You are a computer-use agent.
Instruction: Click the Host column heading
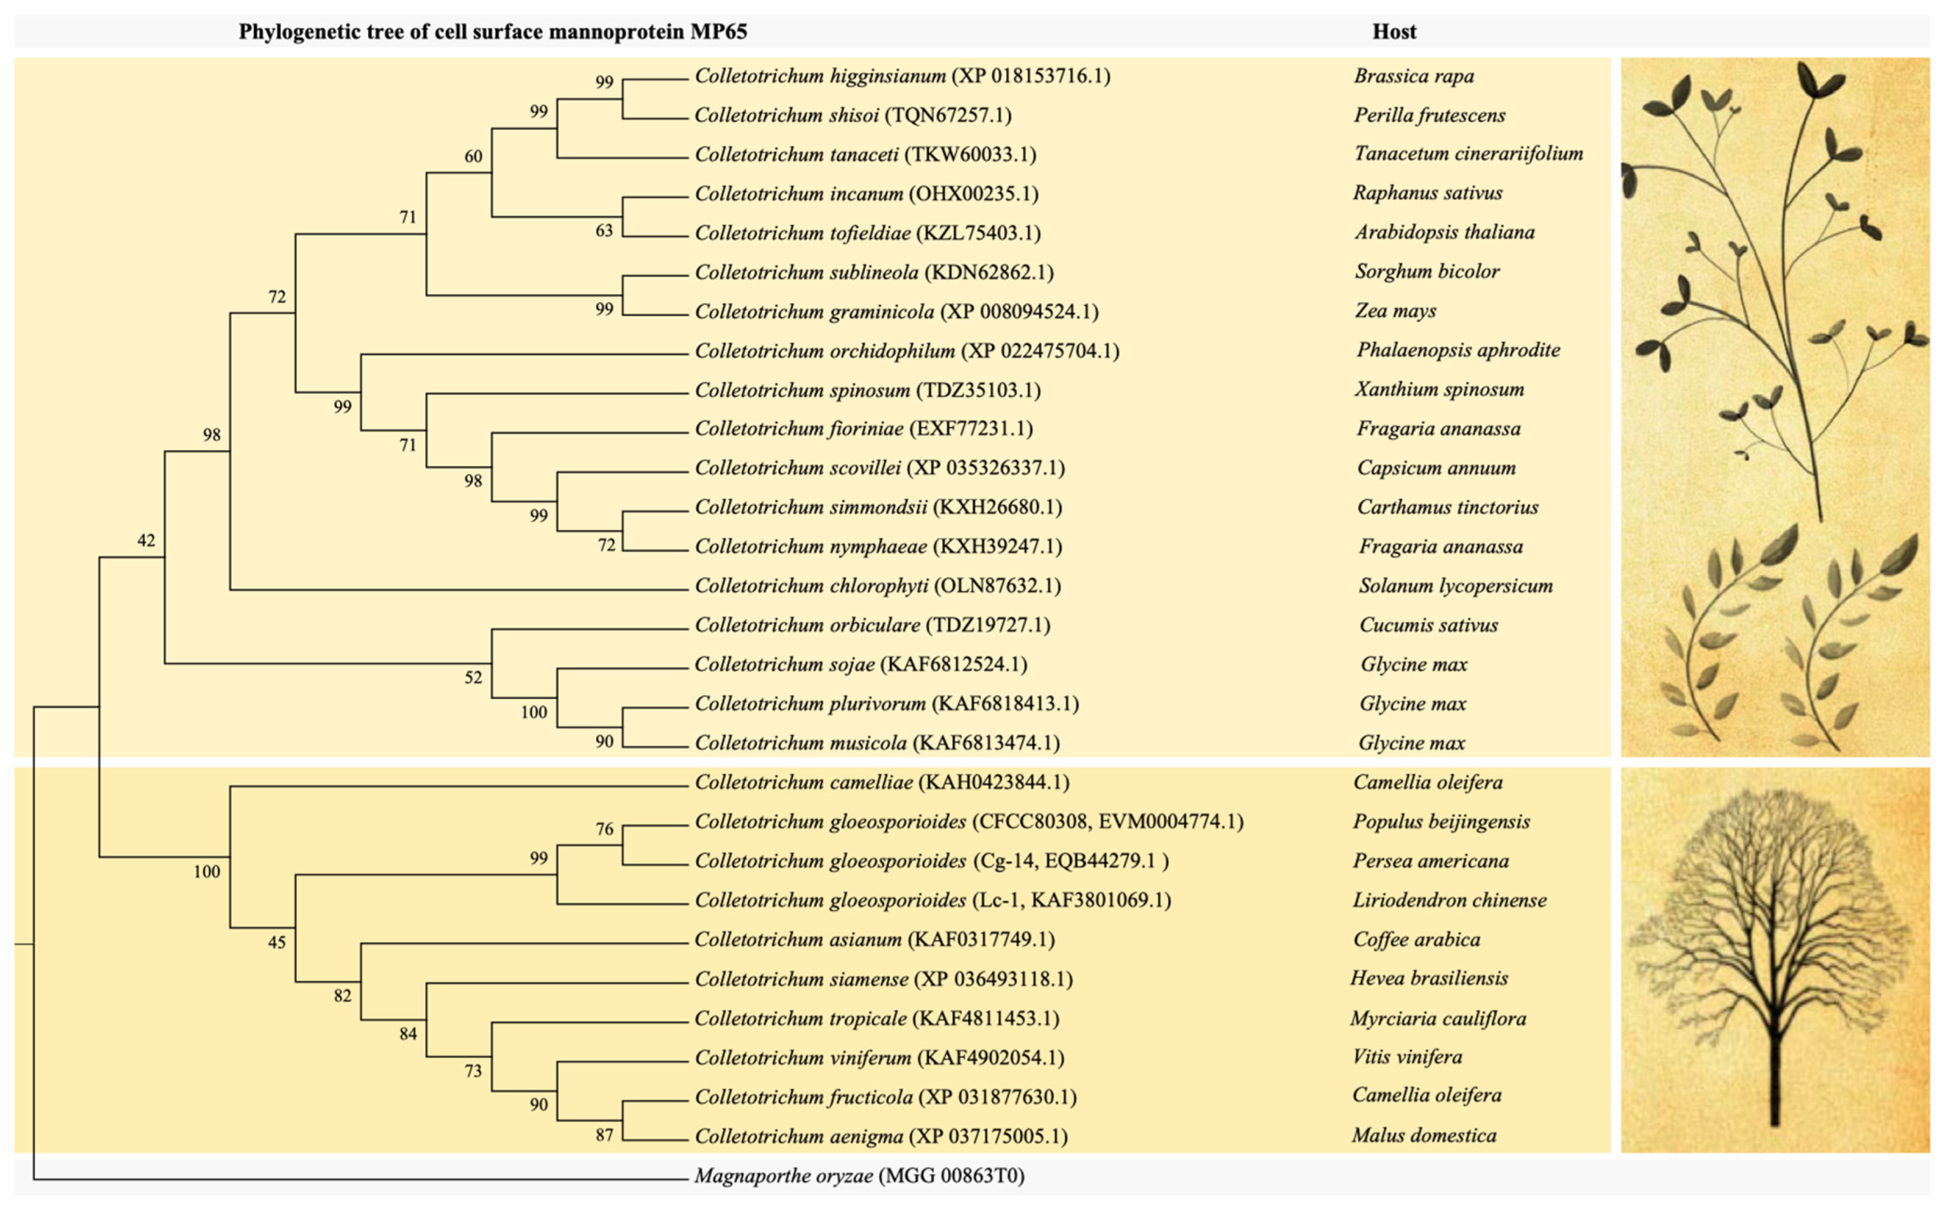pyautogui.click(x=1393, y=32)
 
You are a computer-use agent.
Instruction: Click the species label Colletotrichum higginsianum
pyautogui.click(x=819, y=76)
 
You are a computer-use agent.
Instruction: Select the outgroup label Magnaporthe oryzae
pyautogui.click(x=783, y=1175)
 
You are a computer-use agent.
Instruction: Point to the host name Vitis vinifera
pyautogui.click(x=1407, y=1057)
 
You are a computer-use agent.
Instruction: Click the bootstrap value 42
pyautogui.click(x=146, y=541)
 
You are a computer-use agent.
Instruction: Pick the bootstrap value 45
pyautogui.click(x=277, y=942)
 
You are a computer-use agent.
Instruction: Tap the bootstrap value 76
pyautogui.click(x=604, y=830)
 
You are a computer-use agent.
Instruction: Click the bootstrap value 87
pyautogui.click(x=604, y=1134)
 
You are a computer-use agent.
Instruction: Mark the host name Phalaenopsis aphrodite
pyautogui.click(x=1458, y=349)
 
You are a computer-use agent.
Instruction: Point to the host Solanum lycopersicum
pyautogui.click(x=1455, y=586)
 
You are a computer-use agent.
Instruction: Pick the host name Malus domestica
pyautogui.click(x=1424, y=1135)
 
